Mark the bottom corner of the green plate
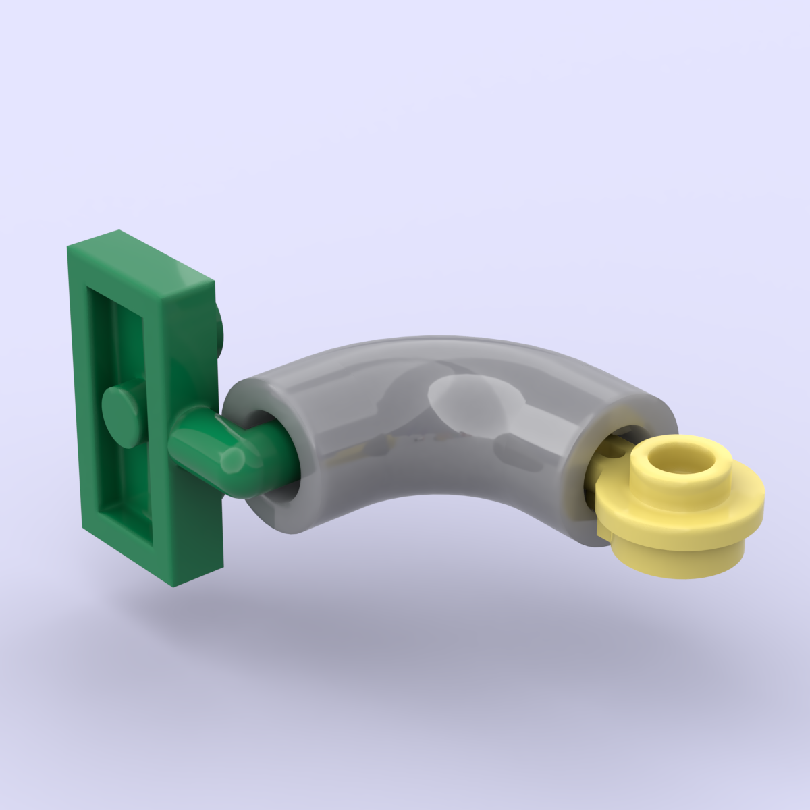coord(174,585)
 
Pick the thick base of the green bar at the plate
coord(192,439)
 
